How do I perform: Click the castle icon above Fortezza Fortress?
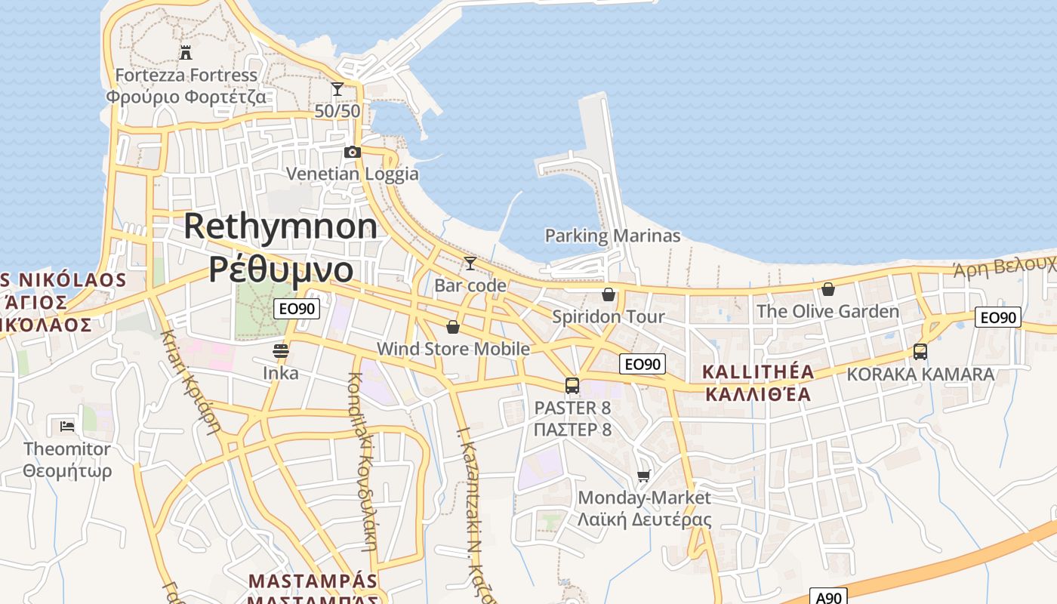[x=185, y=52]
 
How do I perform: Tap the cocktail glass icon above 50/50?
[x=337, y=89]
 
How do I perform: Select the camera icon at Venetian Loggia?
[x=352, y=152]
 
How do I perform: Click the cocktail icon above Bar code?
[x=470, y=263]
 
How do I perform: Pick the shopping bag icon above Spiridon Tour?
[x=609, y=294]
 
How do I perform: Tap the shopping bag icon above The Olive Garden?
[x=828, y=289]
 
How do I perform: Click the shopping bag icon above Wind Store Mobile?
[x=453, y=327]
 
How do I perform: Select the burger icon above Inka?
[x=281, y=351]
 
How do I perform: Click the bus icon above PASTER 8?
[x=572, y=386]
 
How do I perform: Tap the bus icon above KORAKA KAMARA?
[x=920, y=352]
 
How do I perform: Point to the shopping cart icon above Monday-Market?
[x=644, y=476]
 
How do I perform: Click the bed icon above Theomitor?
[x=67, y=427]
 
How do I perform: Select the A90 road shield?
[x=828, y=597]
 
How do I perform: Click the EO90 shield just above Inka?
[x=297, y=308]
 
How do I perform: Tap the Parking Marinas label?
[x=612, y=236]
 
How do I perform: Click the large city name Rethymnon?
[x=280, y=226]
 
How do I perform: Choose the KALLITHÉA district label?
[x=758, y=371]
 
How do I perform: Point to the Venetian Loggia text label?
[x=352, y=174]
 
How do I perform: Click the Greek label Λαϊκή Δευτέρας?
[x=644, y=519]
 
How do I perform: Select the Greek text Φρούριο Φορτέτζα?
[x=186, y=97]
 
